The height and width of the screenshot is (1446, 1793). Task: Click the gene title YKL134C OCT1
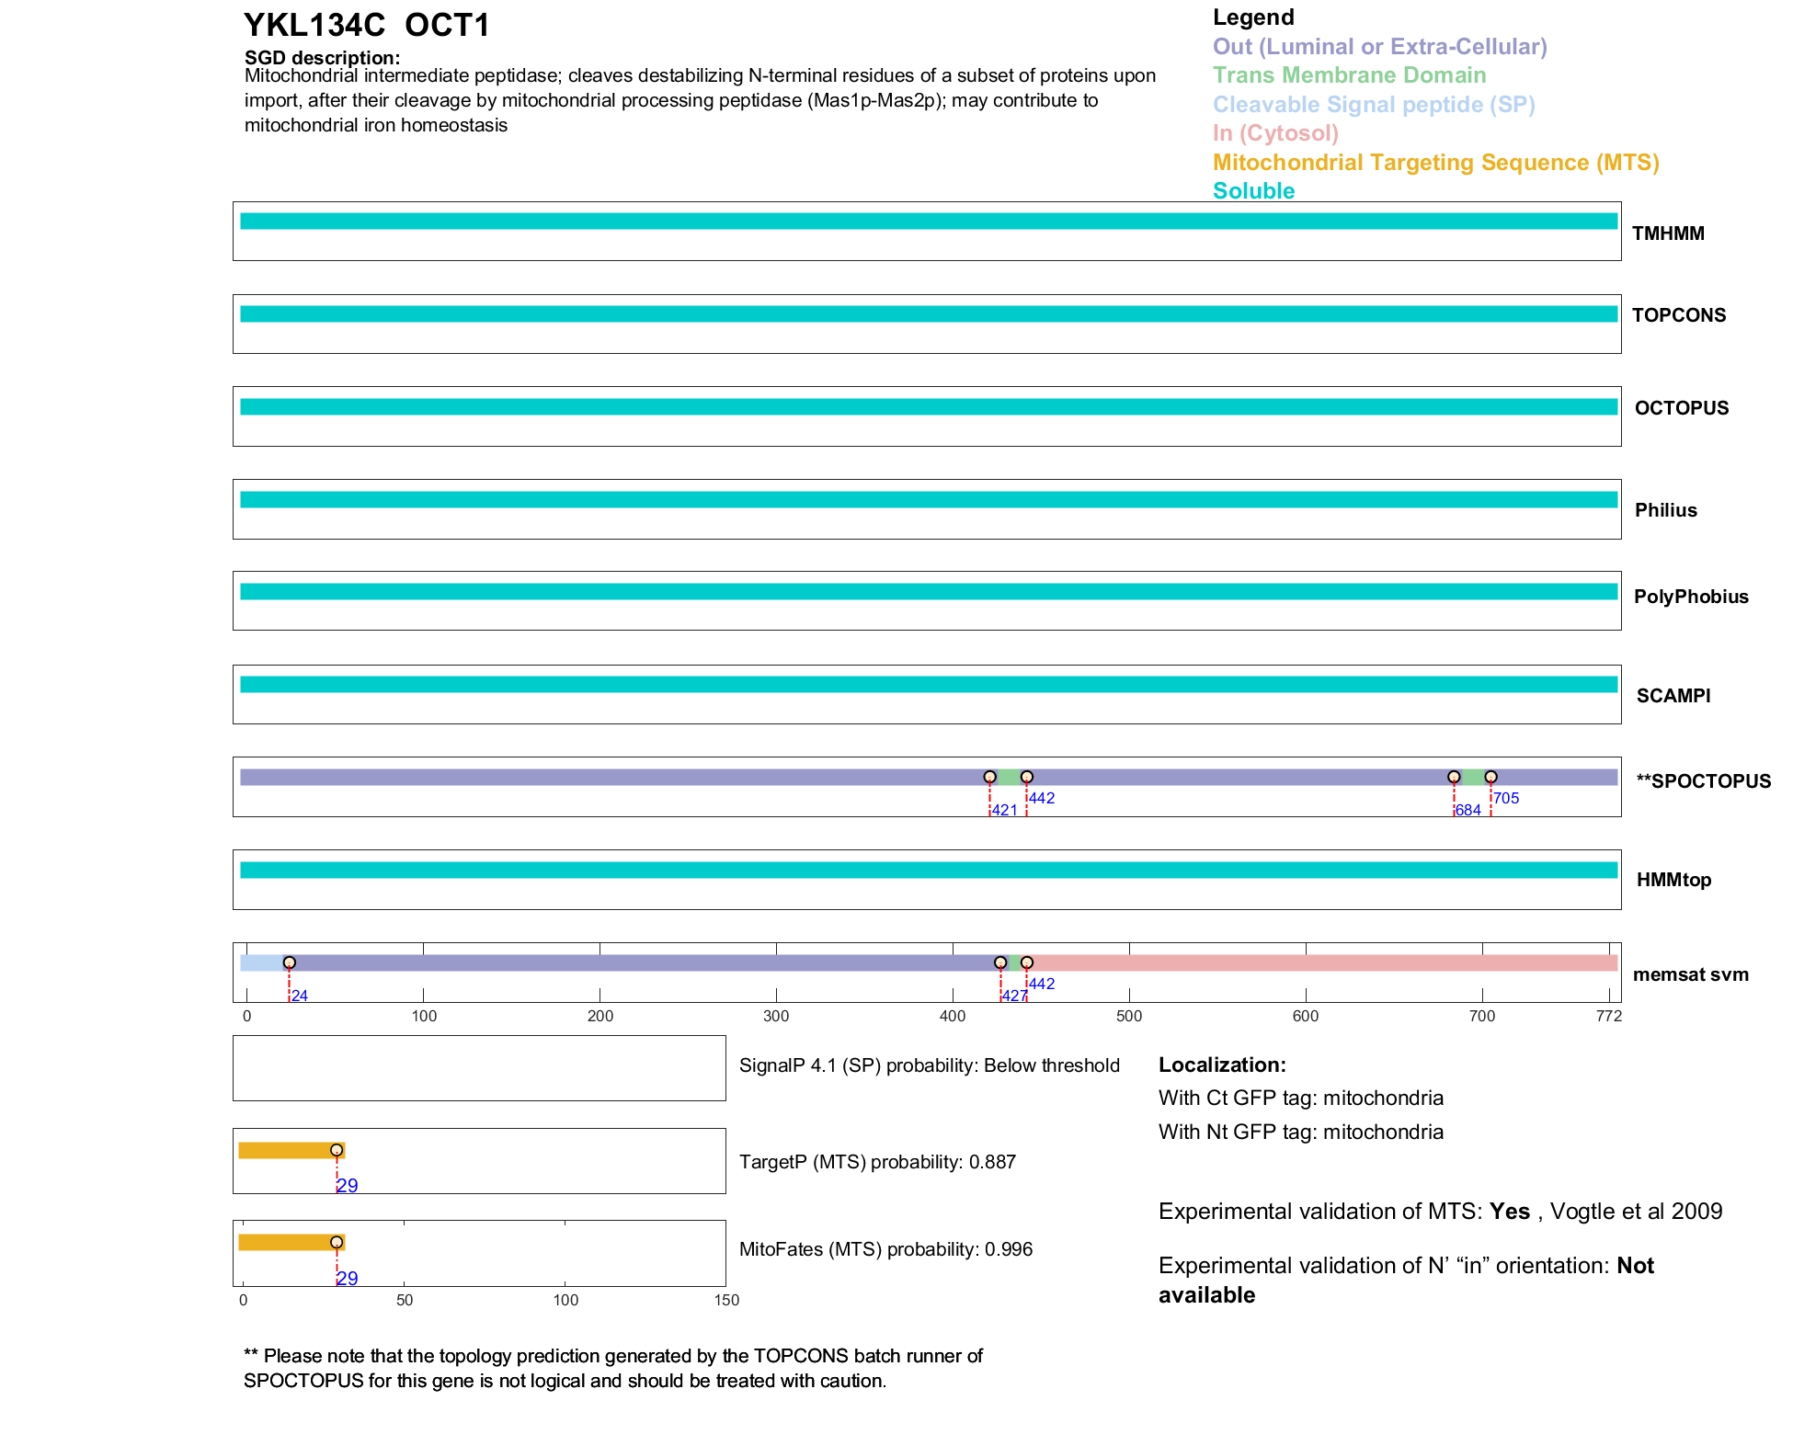[367, 25]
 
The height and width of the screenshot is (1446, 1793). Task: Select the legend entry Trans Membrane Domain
[1349, 75]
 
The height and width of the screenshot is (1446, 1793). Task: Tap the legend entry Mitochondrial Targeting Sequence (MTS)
[1435, 163]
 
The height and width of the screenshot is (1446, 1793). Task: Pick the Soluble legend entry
[1253, 191]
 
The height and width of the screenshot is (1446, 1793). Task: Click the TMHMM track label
[1667, 233]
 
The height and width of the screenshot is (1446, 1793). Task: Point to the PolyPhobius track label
[1690, 597]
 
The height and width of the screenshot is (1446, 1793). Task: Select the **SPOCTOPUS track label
[1703, 781]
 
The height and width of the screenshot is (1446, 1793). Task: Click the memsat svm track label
[1690, 974]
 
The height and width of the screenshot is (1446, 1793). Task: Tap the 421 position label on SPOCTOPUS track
[1004, 810]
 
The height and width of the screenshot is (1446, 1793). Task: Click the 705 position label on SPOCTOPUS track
[1505, 798]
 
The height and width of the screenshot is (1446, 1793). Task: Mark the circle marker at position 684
[1454, 777]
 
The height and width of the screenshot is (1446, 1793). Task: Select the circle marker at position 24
[290, 962]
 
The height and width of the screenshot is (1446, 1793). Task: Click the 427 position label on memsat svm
[1014, 996]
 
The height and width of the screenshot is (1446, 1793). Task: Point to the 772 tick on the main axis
[1609, 1016]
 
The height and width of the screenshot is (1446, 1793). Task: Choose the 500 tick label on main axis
[1129, 1016]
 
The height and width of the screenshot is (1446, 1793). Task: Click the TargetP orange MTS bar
[289, 1150]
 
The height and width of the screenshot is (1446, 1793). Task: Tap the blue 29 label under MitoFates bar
[347, 1278]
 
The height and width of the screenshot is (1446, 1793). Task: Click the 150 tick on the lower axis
[726, 1300]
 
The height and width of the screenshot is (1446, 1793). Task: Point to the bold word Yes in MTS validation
[1510, 1212]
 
